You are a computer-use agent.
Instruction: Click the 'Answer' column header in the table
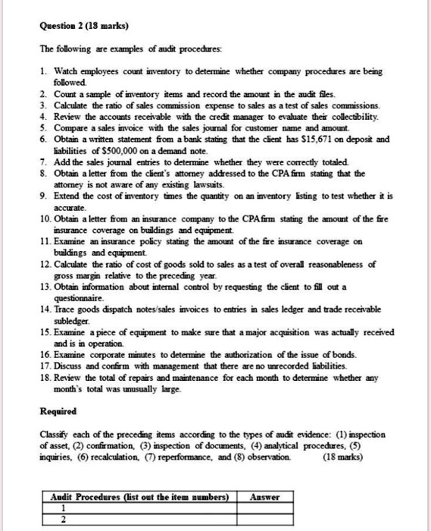click(x=265, y=497)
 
